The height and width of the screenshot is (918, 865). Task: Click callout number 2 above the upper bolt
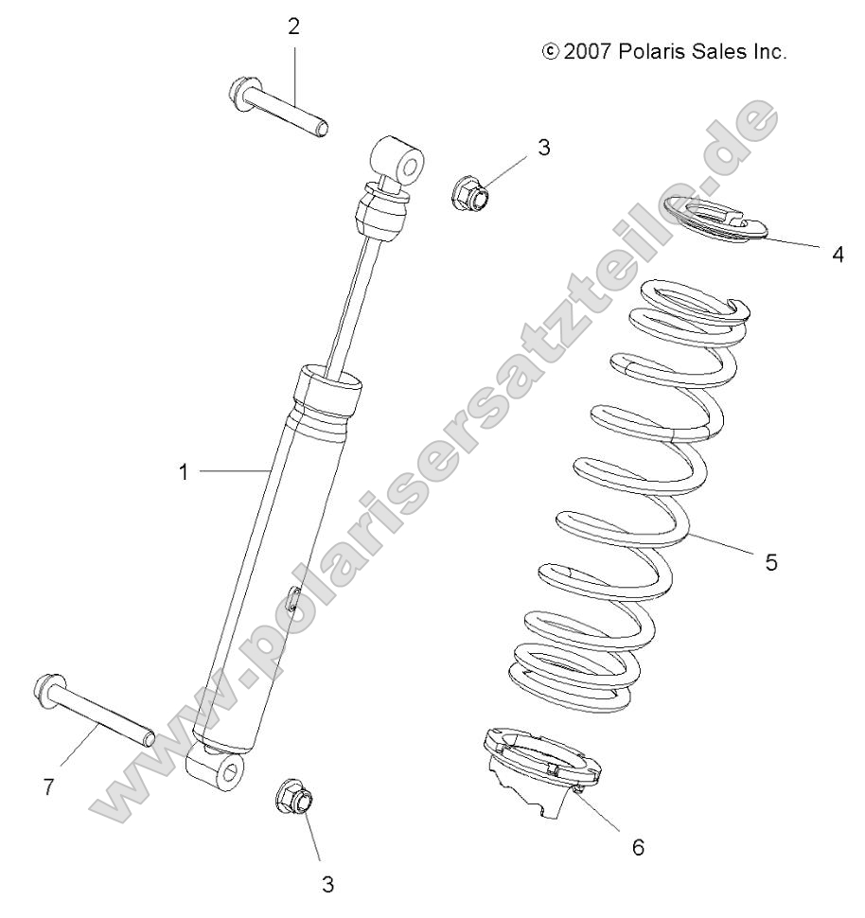[293, 26]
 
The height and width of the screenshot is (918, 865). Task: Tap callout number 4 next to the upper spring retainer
[838, 255]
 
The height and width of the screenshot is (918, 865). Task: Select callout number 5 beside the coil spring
[771, 561]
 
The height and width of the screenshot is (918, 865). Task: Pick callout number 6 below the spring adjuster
[638, 847]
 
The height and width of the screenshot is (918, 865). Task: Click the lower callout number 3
[327, 884]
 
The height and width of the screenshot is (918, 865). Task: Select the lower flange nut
[294, 798]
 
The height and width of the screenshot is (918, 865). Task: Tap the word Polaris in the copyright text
[649, 52]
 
